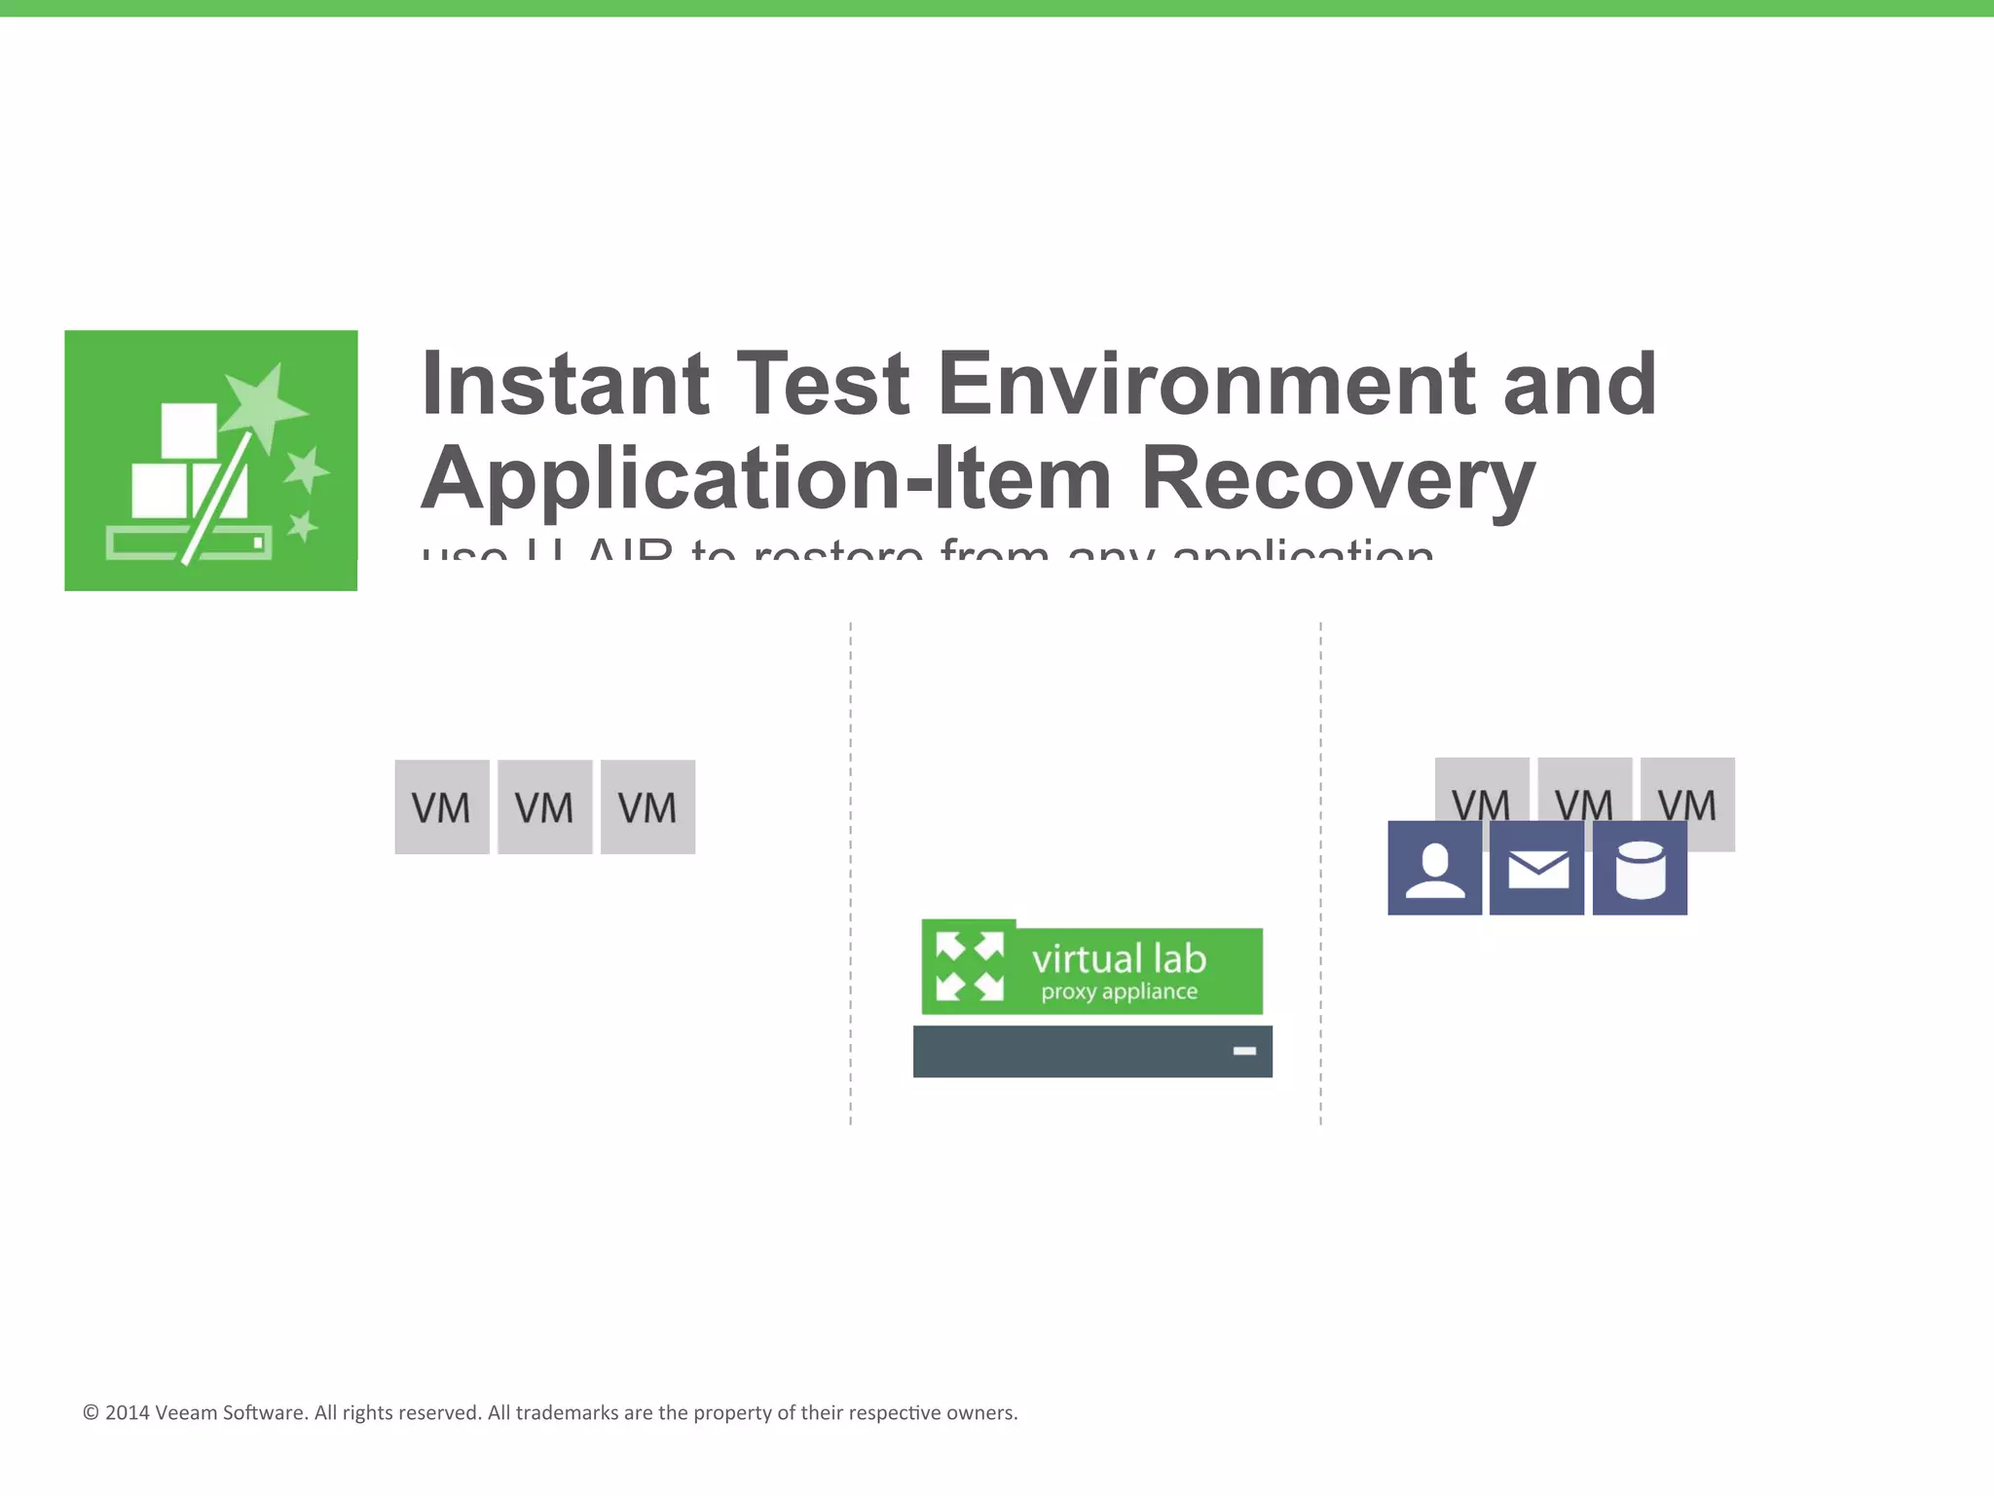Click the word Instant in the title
coord(565,385)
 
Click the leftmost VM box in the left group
coord(441,807)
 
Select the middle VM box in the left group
coord(544,807)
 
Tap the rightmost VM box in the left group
coord(647,807)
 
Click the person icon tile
coord(1434,868)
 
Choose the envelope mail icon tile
coord(1537,868)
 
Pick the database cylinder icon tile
coord(1640,868)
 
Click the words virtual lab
coord(1119,959)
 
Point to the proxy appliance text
coord(1119,992)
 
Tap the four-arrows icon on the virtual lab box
coord(969,966)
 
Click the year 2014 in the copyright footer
coord(128,1413)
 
